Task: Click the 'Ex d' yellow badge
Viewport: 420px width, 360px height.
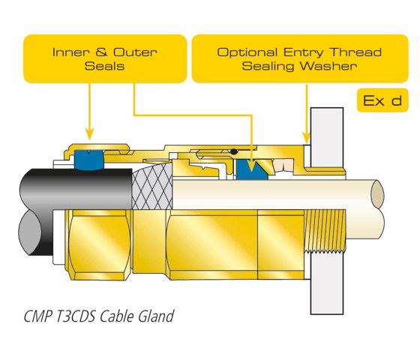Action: pyautogui.click(x=382, y=100)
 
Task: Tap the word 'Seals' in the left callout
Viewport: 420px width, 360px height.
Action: pyautogui.click(x=104, y=66)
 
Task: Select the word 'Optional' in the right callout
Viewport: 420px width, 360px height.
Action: pyautogui.click(x=247, y=52)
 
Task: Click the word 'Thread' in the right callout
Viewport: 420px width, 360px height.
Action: pyautogui.click(x=355, y=52)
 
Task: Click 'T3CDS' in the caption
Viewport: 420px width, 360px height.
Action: pyautogui.click(x=76, y=316)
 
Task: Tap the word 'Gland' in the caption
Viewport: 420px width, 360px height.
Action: pyautogui.click(x=156, y=316)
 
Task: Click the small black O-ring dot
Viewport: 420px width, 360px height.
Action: pyautogui.click(x=234, y=151)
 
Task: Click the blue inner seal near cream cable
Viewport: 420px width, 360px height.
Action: pyautogui.click(x=251, y=169)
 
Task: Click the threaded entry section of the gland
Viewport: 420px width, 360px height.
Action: pyautogui.click(x=325, y=231)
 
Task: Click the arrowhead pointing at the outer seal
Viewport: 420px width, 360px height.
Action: pyautogui.click(x=90, y=134)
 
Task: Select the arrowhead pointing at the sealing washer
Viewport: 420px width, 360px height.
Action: pyautogui.click(x=307, y=138)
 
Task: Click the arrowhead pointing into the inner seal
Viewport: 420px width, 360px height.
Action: pyautogui.click(x=251, y=166)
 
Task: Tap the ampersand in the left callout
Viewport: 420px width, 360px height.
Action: pyautogui.click(x=101, y=52)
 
